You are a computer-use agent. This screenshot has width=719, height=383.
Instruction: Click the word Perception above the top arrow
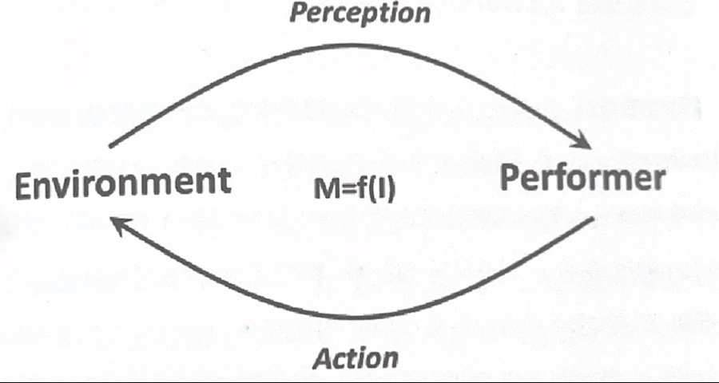tap(359, 12)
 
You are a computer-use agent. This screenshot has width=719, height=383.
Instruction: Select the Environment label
tap(123, 183)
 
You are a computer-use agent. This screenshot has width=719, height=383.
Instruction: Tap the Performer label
tap(582, 180)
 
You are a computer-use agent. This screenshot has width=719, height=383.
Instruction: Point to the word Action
tap(355, 358)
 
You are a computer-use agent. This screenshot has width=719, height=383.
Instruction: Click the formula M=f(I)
tap(355, 190)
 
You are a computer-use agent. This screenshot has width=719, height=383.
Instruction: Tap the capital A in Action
tap(322, 358)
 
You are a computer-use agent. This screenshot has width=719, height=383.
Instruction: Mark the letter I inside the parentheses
tap(381, 190)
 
